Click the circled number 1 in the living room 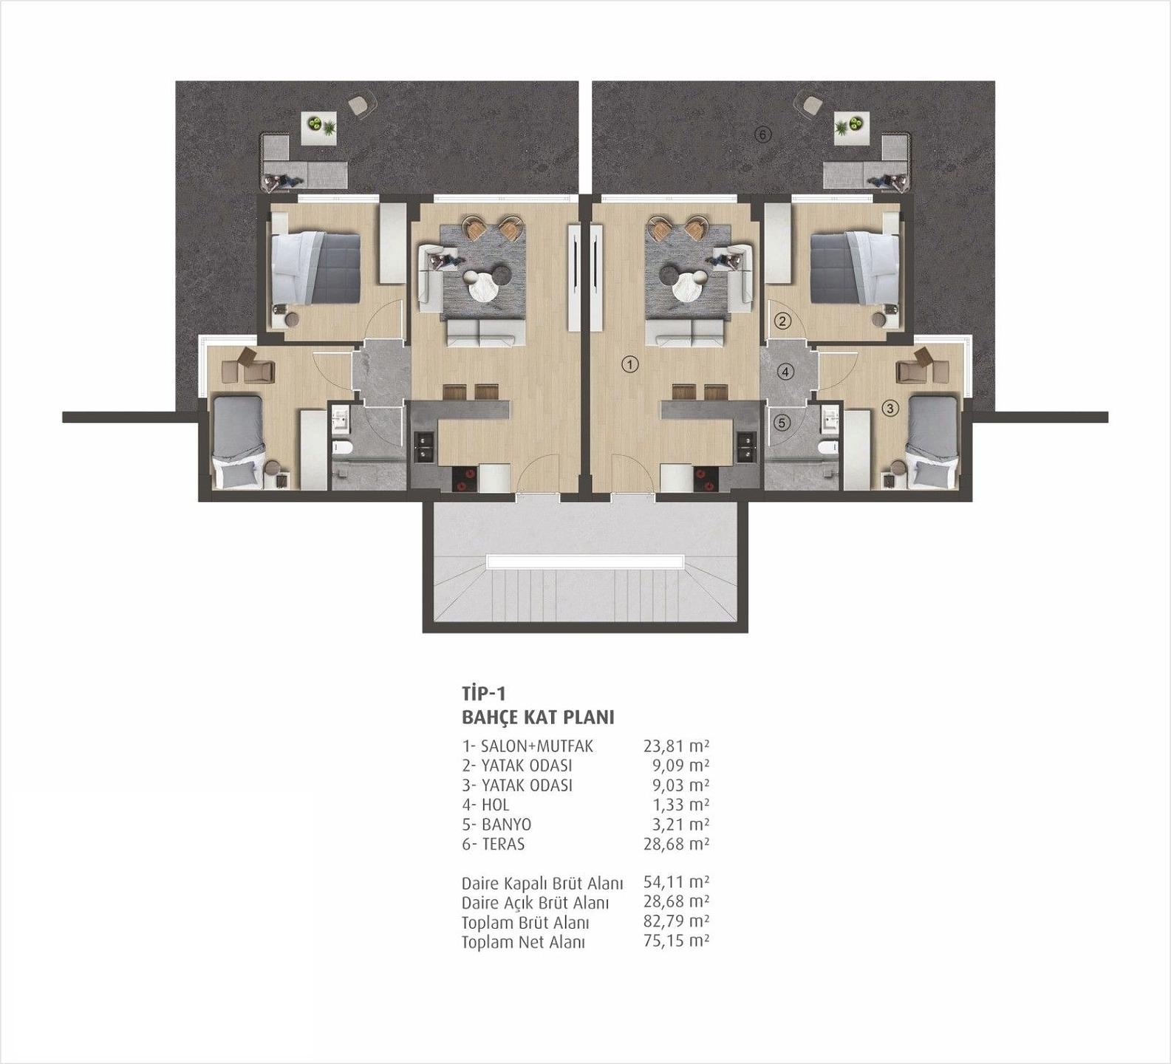(x=629, y=364)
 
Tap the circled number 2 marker (x=782, y=321)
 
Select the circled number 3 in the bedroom (x=890, y=408)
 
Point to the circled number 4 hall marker (x=786, y=372)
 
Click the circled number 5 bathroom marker (x=782, y=423)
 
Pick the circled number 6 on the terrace (x=764, y=134)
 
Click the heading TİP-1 (x=483, y=693)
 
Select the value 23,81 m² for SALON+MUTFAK (x=676, y=746)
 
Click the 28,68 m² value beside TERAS (x=676, y=844)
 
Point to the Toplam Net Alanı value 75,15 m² (x=676, y=942)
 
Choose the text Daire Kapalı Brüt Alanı (x=542, y=883)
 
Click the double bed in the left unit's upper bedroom (x=315, y=267)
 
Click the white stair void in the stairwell (x=584, y=562)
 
